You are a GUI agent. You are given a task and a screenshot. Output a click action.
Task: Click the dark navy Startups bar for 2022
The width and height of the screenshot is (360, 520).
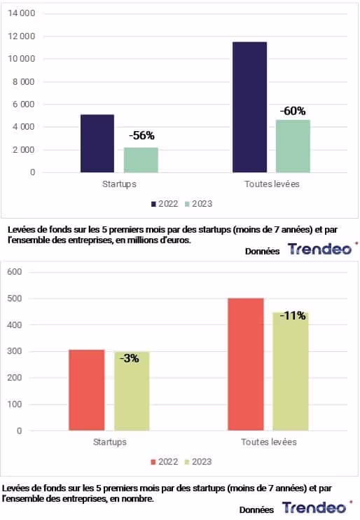pyautogui.click(x=97, y=143)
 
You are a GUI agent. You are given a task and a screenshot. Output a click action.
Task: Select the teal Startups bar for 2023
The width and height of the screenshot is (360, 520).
pyautogui.click(x=141, y=160)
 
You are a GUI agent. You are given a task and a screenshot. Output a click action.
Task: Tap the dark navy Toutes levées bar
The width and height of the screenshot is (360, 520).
pyautogui.click(x=249, y=107)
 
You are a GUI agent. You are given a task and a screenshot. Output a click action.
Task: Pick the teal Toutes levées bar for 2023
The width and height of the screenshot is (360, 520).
pyautogui.click(x=293, y=146)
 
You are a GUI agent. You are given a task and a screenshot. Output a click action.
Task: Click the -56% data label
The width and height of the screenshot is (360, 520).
pyautogui.click(x=141, y=135)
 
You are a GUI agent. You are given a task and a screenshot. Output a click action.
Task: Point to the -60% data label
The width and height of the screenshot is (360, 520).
pyautogui.click(x=293, y=111)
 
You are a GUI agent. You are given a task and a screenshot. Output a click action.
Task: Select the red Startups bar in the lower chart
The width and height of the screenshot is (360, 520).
pyautogui.click(x=87, y=390)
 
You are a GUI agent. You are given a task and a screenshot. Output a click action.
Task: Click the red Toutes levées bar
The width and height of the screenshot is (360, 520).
pyautogui.click(x=246, y=364)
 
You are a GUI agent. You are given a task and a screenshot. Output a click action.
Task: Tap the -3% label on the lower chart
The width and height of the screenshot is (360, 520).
pyautogui.click(x=130, y=358)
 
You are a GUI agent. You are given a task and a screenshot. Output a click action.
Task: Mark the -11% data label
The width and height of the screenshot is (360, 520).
pyautogui.click(x=293, y=315)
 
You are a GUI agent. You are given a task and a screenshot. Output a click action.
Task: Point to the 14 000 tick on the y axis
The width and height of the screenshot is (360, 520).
pyautogui.click(x=22, y=13)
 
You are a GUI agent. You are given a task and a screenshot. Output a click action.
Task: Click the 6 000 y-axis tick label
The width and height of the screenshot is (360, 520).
pyautogui.click(x=24, y=104)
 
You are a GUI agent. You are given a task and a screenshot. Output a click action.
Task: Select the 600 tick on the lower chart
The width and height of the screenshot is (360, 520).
pyautogui.click(x=15, y=272)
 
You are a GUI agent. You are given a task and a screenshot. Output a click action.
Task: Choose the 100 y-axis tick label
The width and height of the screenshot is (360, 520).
pyautogui.click(x=15, y=404)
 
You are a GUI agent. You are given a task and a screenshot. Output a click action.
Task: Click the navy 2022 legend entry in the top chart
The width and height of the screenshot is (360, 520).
pyautogui.click(x=165, y=204)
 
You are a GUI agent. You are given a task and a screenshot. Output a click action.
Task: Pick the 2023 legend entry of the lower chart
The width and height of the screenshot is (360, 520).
pyautogui.click(x=198, y=462)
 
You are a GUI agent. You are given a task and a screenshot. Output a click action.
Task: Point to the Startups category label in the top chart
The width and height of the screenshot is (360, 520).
pyautogui.click(x=119, y=184)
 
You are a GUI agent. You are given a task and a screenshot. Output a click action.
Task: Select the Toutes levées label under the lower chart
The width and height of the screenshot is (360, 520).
pyautogui.click(x=269, y=442)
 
